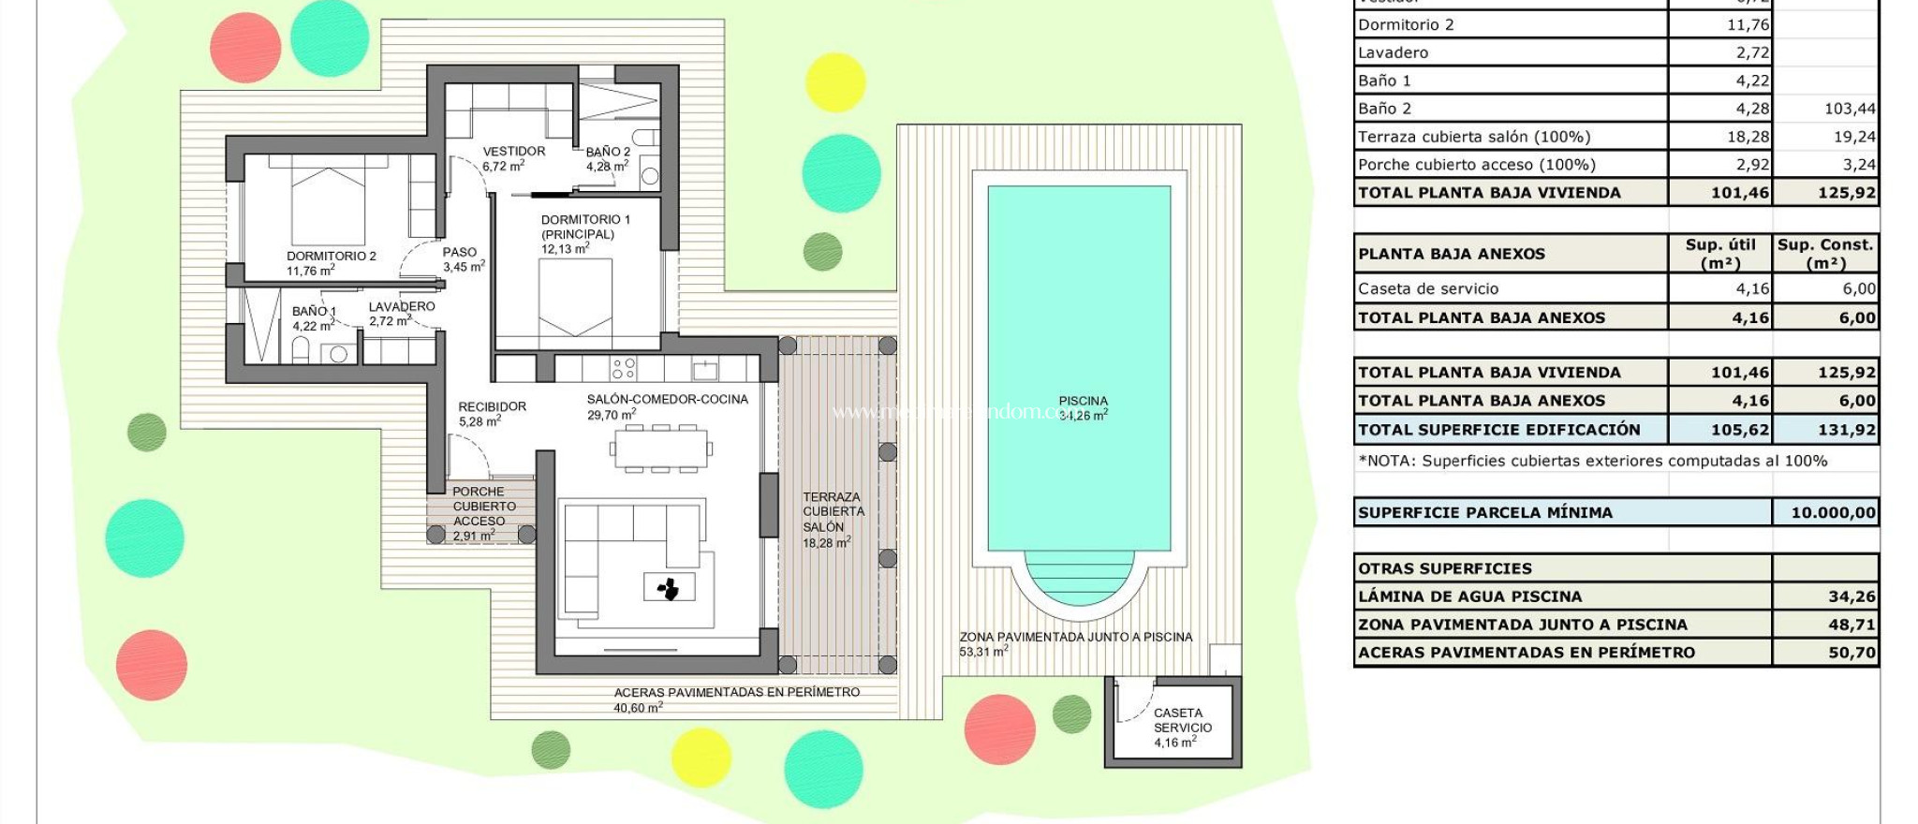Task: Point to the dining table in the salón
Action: click(661, 449)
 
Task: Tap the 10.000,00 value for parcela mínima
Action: click(1833, 512)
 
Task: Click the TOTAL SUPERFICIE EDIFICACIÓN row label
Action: click(1498, 430)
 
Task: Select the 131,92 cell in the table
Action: click(1846, 430)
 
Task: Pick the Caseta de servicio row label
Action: click(1428, 288)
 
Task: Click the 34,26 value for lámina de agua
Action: click(1852, 596)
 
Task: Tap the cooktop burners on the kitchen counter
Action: click(624, 368)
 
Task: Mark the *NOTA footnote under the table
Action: click(1592, 461)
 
